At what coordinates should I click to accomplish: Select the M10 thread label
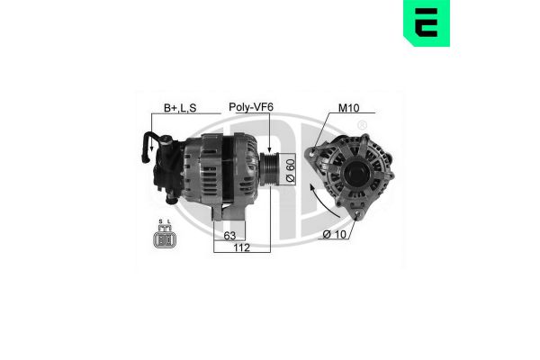pos(348,107)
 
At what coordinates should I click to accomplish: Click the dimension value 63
pos(229,237)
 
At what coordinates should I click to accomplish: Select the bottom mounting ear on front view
pos(360,212)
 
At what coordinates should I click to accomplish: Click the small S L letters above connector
pos(164,222)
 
